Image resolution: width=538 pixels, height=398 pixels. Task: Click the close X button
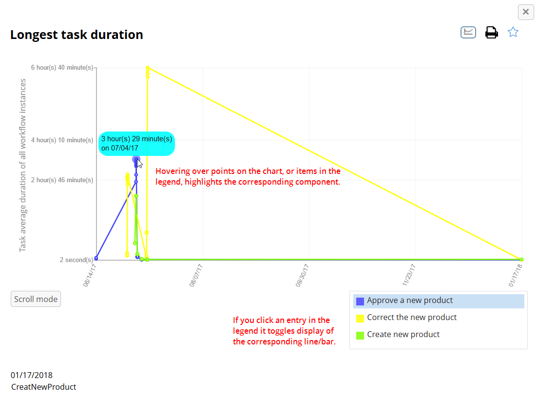(525, 12)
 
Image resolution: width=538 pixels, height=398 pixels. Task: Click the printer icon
(491, 33)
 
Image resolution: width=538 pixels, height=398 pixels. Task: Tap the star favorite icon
(513, 32)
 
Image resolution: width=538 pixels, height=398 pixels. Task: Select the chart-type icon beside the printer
(468, 32)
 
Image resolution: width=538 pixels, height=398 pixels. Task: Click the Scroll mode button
(36, 299)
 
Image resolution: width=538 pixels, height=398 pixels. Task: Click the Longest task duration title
(77, 35)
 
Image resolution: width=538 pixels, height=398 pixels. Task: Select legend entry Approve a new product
(410, 301)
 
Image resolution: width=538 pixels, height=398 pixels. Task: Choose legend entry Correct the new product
(412, 318)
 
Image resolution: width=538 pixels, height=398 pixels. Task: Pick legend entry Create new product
(403, 335)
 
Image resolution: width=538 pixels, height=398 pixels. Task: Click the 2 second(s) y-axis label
(76, 260)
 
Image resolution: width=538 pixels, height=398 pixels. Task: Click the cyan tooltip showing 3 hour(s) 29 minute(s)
(136, 144)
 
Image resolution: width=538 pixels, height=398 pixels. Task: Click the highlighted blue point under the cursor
(136, 159)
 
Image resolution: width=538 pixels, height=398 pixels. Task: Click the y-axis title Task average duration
(23, 166)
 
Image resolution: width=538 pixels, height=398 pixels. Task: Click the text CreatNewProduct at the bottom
(44, 387)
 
